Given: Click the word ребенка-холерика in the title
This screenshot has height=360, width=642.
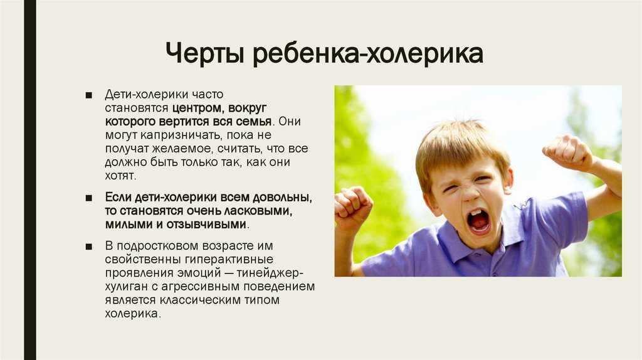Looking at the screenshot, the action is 367,53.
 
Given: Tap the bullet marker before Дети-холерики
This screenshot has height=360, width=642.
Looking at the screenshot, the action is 89,95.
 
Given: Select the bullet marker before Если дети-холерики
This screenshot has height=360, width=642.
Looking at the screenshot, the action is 89,198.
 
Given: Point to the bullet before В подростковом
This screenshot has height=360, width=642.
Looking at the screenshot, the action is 89,246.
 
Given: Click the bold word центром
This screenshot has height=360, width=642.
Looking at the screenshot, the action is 197,109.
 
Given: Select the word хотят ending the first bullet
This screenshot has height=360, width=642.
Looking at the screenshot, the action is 119,176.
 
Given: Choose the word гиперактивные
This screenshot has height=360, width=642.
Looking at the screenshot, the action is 229,260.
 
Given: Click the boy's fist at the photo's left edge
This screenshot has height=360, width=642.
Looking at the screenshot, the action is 352,207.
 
